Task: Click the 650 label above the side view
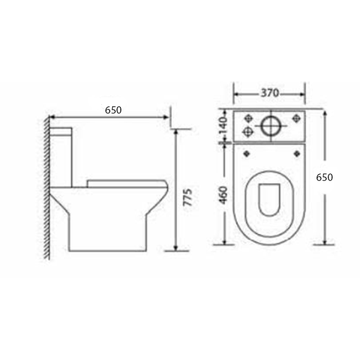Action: point(113,110)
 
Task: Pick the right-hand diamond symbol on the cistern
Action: point(295,118)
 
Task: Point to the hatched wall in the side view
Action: point(46,186)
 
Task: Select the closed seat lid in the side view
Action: point(126,181)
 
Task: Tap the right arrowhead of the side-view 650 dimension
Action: point(167,118)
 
